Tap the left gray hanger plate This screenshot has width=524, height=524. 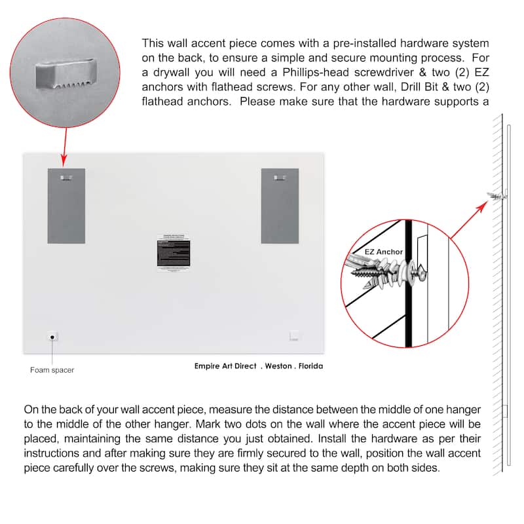66,206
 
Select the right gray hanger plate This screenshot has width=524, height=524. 280,206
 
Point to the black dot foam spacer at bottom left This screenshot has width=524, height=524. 52,337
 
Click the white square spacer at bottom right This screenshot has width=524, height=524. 295,336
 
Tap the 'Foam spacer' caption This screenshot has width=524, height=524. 52,370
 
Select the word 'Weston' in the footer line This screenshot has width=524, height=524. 278,366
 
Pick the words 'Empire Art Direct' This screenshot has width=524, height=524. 225,366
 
